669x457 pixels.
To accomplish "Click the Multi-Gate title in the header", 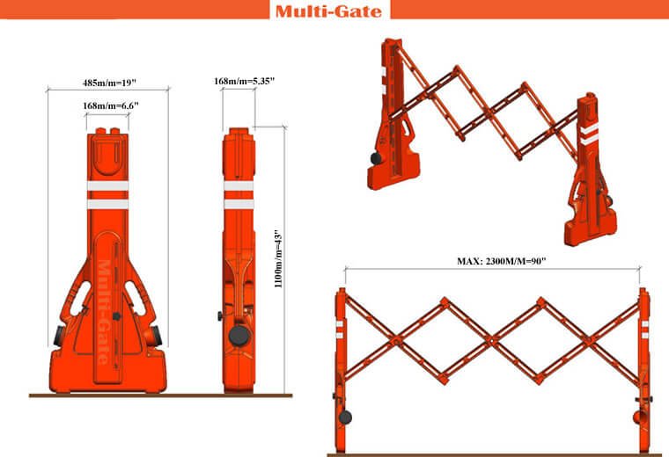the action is pos(328,11).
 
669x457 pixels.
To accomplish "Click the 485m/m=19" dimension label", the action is pos(109,83).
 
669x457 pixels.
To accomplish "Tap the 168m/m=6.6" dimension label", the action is pos(111,105).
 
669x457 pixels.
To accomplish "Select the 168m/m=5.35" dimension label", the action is pos(244,81).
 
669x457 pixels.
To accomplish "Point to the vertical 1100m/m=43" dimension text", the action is pos(278,259).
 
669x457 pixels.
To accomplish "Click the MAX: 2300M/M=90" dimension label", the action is pos(502,261).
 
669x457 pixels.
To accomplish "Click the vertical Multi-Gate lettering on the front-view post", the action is pos(103,312).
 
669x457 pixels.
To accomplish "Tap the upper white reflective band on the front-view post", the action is pos(108,186).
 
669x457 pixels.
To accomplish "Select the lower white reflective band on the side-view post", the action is pos(239,205).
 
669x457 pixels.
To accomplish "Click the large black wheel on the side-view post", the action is pos(239,336).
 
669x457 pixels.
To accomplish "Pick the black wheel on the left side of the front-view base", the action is pos(58,336).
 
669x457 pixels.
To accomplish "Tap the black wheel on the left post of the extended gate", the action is pos(345,417).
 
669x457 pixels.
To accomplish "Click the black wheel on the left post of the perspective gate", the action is pos(376,159).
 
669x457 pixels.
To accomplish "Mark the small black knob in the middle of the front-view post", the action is pos(116,316).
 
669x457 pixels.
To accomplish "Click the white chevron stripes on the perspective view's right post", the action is pos(589,134).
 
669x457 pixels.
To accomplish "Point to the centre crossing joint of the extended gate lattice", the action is pos(493,340).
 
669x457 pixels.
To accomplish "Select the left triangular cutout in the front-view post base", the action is pos(80,298).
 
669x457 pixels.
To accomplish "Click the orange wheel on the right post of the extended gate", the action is pos(638,417).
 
